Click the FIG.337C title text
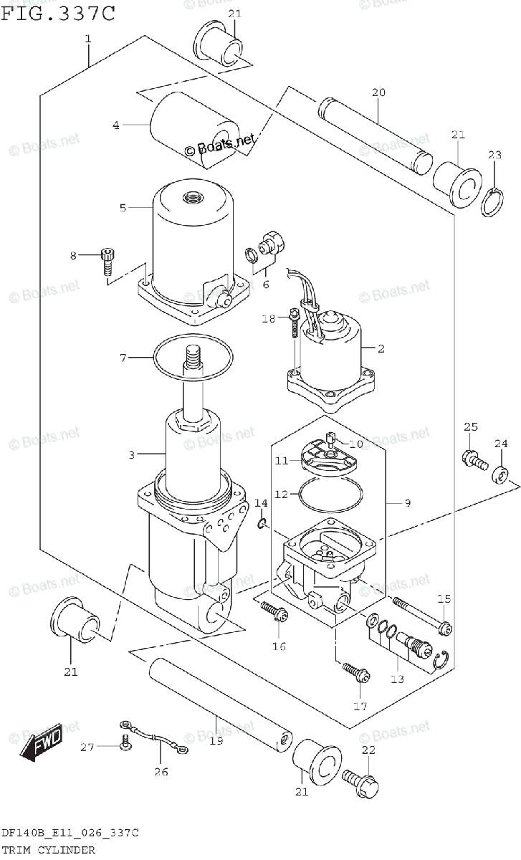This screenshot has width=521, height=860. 57,12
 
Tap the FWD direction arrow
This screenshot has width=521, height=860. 42,741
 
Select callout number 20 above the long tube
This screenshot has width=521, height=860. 378,92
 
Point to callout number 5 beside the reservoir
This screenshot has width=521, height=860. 123,208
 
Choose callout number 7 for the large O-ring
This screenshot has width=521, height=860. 123,357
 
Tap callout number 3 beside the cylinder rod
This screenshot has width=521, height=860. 132,454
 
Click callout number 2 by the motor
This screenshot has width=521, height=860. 381,349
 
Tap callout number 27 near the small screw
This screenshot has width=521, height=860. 87,747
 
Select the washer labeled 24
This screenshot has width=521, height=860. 501,474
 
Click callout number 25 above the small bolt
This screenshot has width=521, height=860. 469,428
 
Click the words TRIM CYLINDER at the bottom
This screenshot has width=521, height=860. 49,850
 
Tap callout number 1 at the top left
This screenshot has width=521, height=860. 87,39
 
